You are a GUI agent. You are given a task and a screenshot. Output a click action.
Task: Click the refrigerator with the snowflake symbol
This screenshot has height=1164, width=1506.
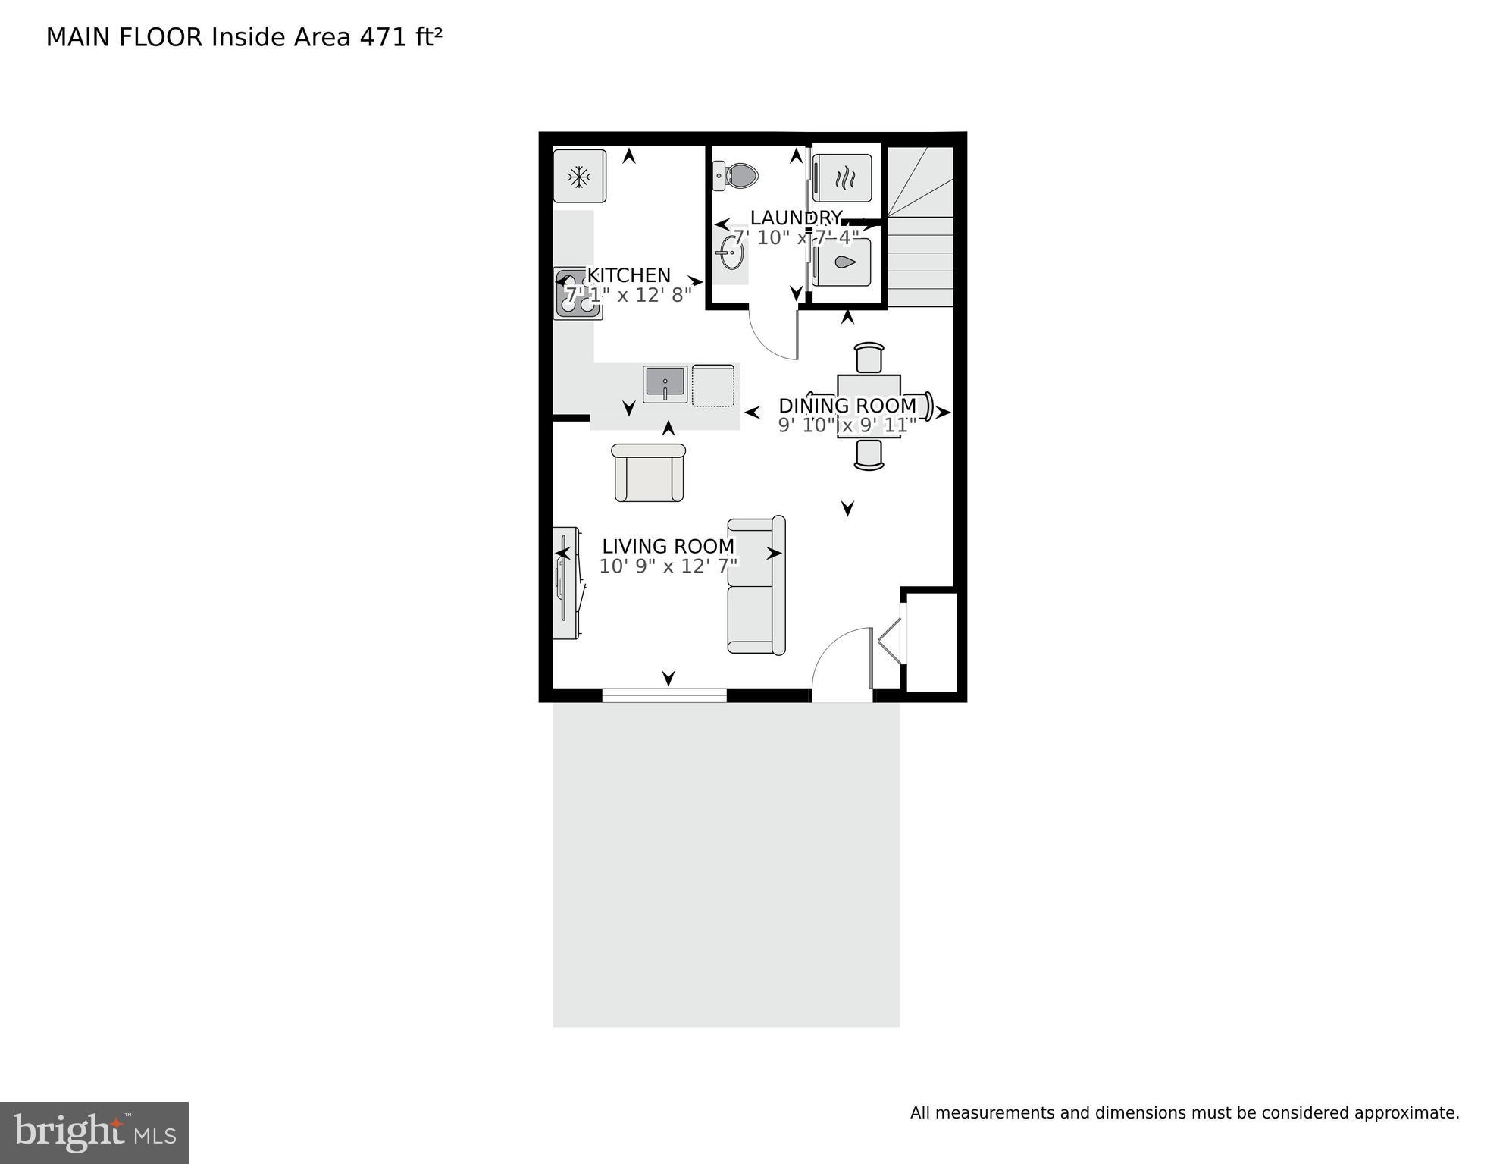[x=579, y=177]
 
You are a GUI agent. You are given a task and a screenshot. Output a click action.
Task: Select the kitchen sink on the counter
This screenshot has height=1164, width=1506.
[x=665, y=384]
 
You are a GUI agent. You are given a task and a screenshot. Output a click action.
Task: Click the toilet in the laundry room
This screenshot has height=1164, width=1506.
[x=736, y=176]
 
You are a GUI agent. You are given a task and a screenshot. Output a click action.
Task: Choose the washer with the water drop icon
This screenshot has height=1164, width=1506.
[x=843, y=262]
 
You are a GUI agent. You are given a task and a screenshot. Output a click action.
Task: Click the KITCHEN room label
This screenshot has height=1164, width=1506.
[x=629, y=275]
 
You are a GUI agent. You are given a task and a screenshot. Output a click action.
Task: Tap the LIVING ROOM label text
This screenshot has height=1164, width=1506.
[x=668, y=547]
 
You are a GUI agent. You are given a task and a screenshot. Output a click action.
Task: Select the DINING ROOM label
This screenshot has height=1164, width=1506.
[x=847, y=406]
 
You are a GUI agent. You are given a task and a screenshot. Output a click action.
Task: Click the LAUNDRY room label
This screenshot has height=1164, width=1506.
[x=796, y=218]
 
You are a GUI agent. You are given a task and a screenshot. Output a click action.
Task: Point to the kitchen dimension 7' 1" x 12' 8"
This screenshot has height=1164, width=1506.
[x=629, y=295]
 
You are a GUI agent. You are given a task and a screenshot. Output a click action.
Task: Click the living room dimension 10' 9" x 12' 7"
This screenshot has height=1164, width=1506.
[x=668, y=566]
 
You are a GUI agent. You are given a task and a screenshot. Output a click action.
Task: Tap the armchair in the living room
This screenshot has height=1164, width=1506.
[x=649, y=473]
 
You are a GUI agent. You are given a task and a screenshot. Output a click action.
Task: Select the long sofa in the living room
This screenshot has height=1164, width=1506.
[x=756, y=585]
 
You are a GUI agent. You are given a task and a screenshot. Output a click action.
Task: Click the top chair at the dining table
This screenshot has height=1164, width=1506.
[x=869, y=357]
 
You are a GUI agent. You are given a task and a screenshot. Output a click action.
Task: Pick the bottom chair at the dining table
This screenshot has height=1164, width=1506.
[x=869, y=454]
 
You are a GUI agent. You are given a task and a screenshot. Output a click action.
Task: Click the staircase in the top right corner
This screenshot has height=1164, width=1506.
[x=920, y=227]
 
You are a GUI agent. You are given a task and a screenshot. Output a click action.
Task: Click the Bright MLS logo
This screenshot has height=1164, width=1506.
[x=94, y=1133]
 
